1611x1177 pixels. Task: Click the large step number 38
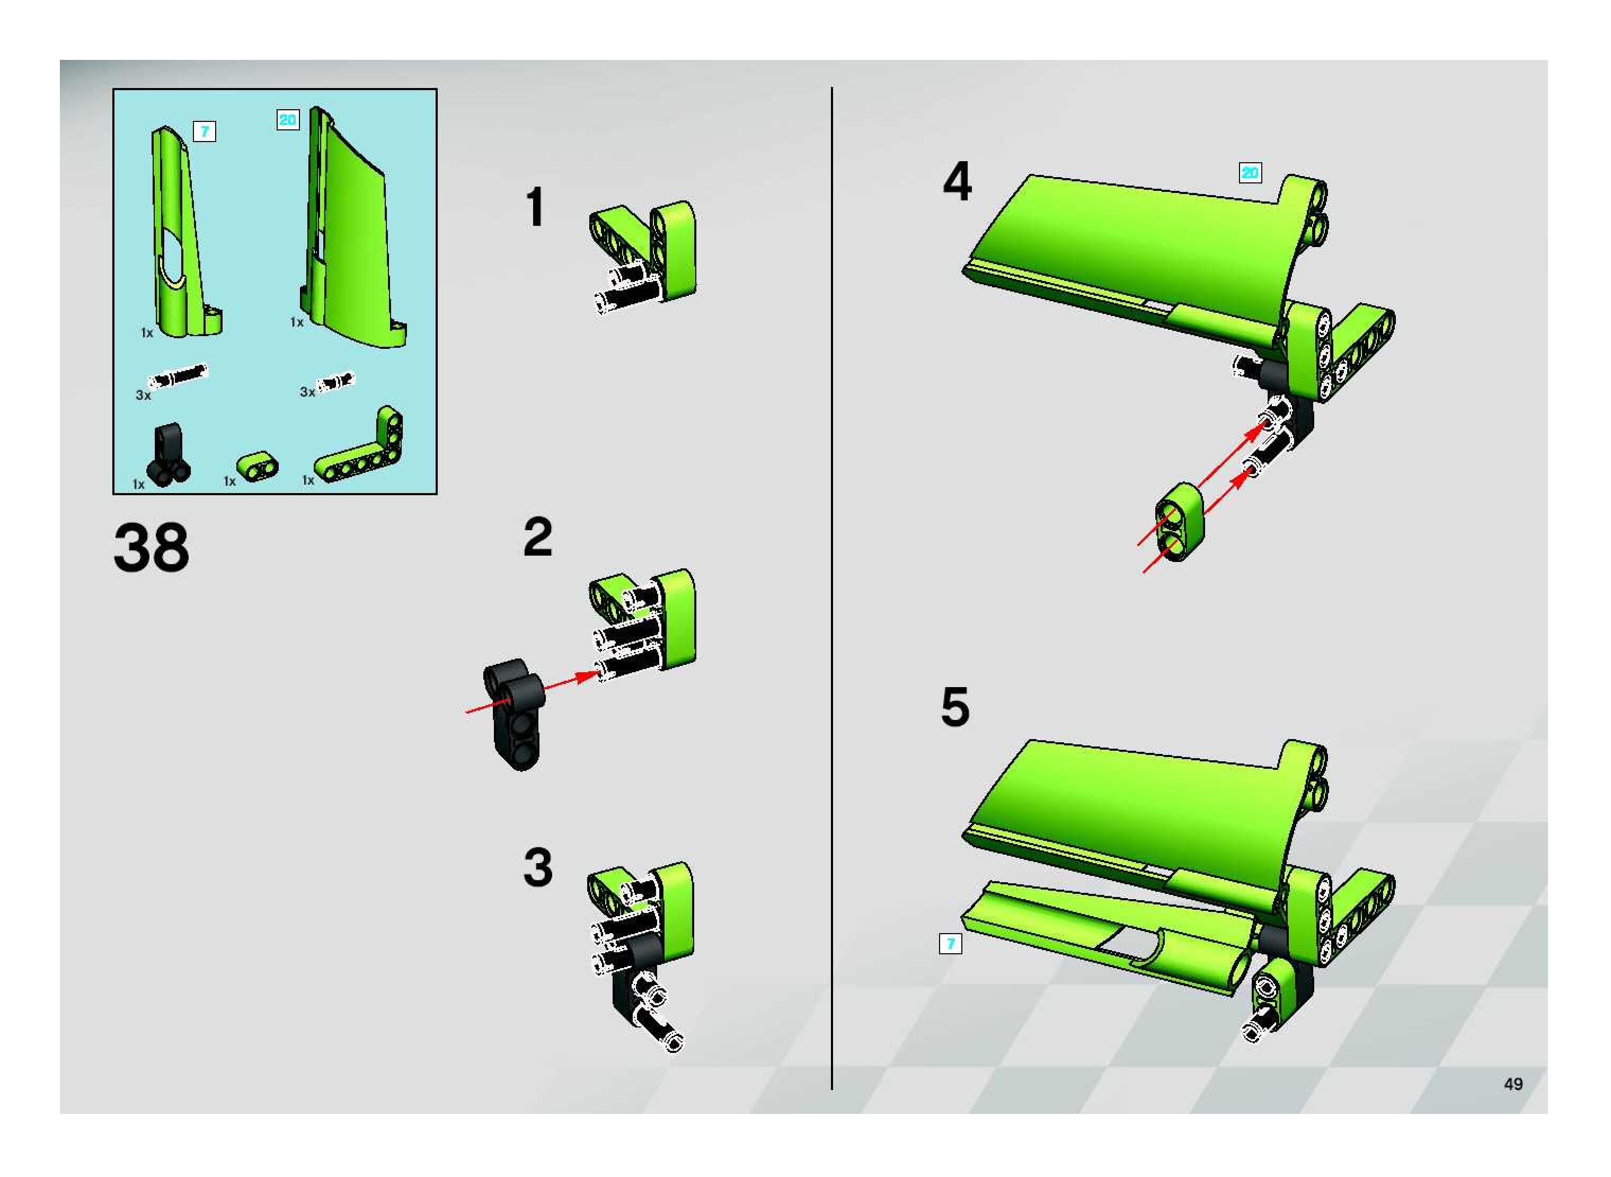pos(151,547)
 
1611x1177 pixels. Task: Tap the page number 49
pos(1513,1084)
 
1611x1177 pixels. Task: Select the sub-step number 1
pos(536,207)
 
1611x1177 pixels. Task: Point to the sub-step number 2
pos(538,537)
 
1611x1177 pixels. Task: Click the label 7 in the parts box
pos(205,131)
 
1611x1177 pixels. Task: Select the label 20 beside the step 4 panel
pos(1250,172)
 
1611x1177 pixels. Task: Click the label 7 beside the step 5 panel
pos(950,944)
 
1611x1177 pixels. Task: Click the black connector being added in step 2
pos(514,715)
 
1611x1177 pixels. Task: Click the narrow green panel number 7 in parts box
pos(184,232)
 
